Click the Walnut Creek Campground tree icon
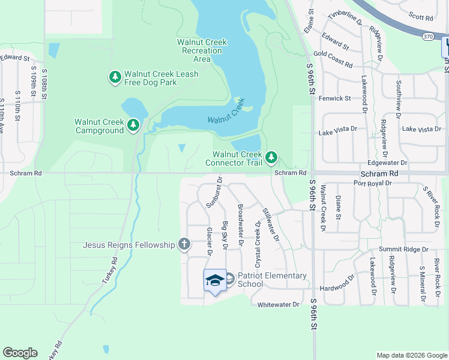pos(133,125)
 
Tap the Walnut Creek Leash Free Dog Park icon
pos(115,77)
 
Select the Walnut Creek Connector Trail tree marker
pos(272,158)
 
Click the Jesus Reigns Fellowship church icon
pos(184,244)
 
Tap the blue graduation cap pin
pos(215,280)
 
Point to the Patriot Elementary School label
pos(271,280)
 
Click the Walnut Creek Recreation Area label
pos(202,50)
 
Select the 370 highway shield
pos(427,36)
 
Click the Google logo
pos(20,352)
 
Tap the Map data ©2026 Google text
pos(411,355)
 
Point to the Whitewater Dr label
pos(278,305)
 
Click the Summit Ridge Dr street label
pos(403,249)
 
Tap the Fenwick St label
pos(334,98)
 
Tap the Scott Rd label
pos(420,18)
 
